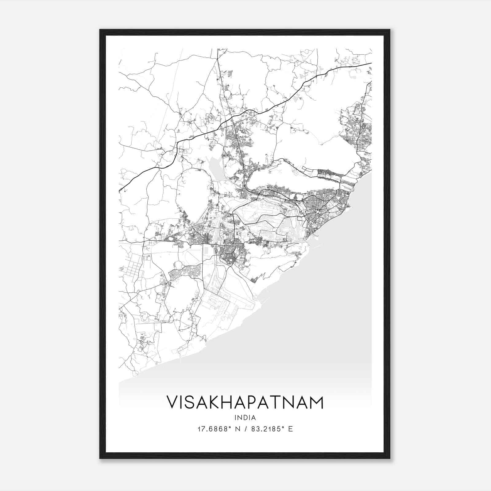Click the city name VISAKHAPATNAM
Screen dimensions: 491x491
tap(245, 402)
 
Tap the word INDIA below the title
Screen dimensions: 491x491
tap(245, 418)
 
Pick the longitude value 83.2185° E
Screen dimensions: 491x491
tap(272, 429)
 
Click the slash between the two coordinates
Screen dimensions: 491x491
tap(245, 429)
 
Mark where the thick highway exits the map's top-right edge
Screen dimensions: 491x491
tap(371, 63)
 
